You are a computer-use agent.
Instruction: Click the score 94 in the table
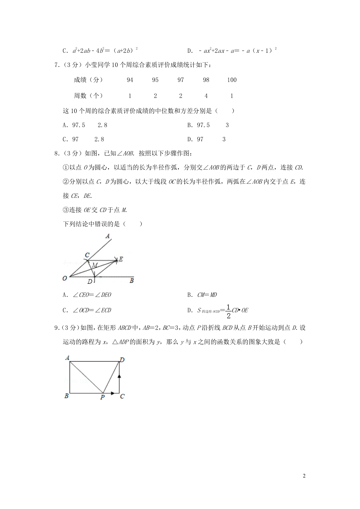[x=130, y=80]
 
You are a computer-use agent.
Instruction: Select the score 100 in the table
[x=232, y=80]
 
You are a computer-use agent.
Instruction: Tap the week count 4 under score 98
[x=206, y=96]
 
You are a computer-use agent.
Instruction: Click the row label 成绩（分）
[x=88, y=80]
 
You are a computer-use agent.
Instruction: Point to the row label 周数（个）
[x=88, y=96]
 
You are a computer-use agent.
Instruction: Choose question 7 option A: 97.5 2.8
[x=85, y=125]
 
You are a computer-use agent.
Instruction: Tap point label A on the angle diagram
[x=108, y=236]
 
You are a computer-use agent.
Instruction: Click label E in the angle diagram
[x=121, y=259]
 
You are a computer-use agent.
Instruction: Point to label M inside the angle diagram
[x=95, y=265]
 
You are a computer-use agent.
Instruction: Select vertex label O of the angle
[x=65, y=278]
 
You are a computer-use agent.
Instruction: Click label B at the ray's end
[x=131, y=281]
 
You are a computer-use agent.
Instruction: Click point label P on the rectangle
[x=103, y=397]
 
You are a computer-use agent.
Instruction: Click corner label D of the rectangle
[x=122, y=360]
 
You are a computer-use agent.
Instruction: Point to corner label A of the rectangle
[x=67, y=358]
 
